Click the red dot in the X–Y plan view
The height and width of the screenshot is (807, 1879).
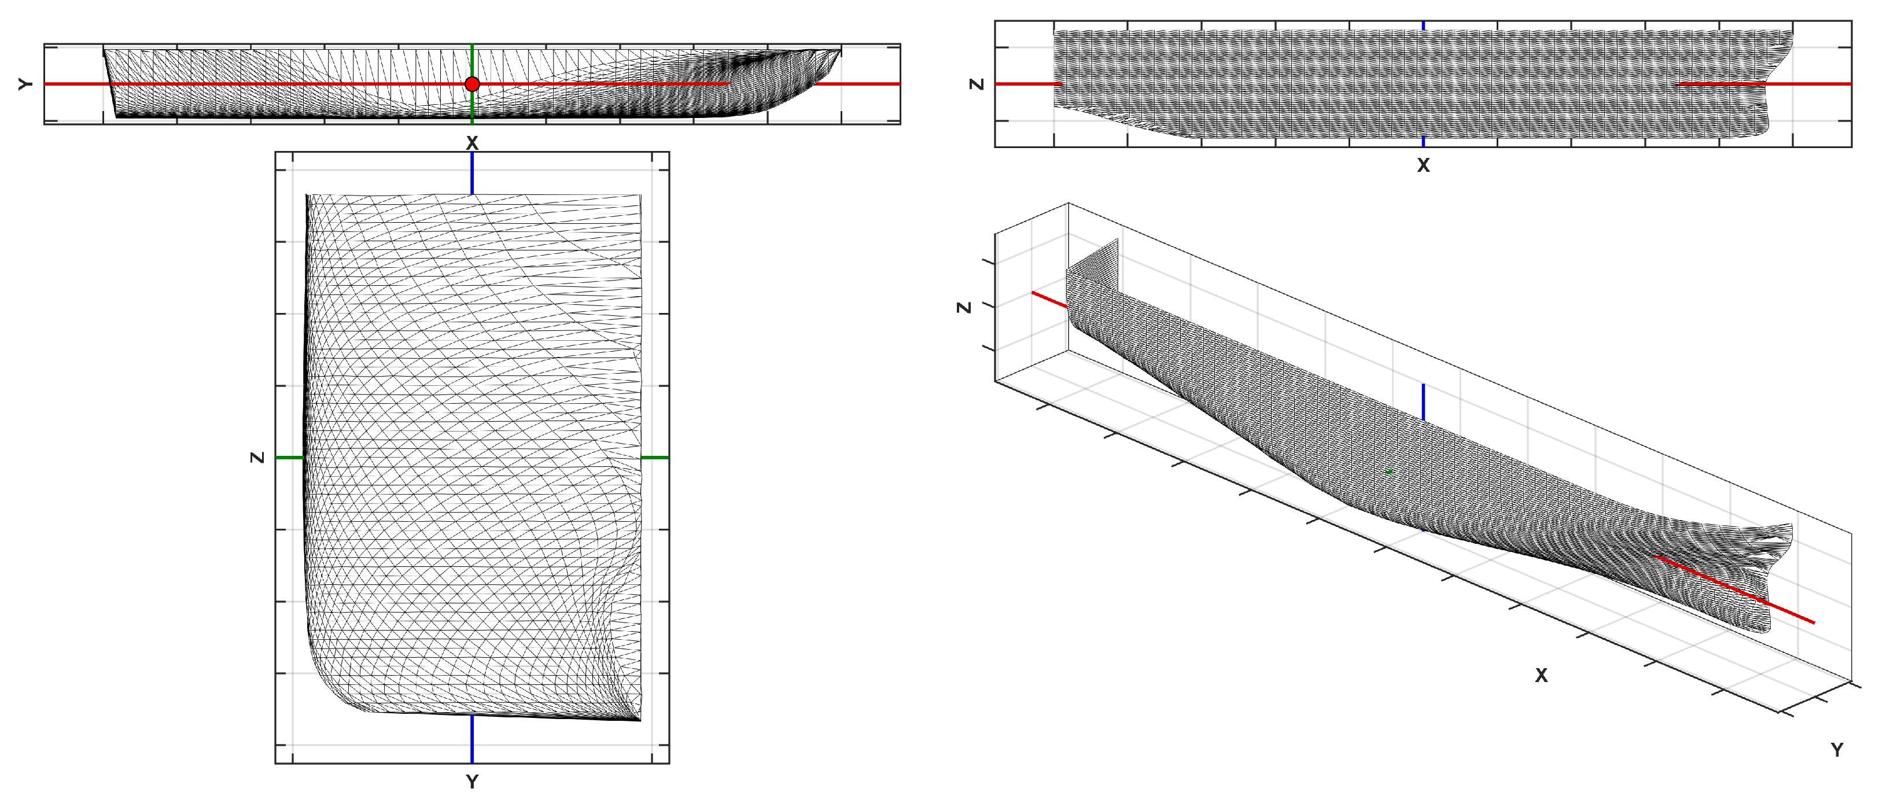tap(472, 84)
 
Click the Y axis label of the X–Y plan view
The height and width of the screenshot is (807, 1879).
tap(25, 84)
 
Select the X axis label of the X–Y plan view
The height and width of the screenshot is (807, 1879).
tap(472, 143)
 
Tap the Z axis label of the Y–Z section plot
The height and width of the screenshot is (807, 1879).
tap(257, 458)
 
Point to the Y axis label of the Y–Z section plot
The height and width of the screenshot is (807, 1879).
tap(472, 782)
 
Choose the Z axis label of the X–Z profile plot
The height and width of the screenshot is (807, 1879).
tap(977, 84)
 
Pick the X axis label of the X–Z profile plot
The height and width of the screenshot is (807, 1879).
tap(1423, 165)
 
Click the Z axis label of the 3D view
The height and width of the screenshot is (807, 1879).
tap(964, 307)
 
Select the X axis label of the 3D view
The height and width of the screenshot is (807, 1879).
tap(1541, 676)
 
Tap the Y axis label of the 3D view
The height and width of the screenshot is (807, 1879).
tap(1837, 750)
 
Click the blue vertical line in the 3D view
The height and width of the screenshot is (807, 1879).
tap(1423, 402)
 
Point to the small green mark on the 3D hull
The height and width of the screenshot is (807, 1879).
tap(1389, 472)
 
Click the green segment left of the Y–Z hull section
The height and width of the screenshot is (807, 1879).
tap(290, 458)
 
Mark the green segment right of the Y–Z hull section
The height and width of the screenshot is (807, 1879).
tap(655, 458)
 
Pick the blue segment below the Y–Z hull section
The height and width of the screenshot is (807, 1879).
tap(472, 738)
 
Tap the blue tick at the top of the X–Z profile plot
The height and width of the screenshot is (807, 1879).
tap(1423, 25)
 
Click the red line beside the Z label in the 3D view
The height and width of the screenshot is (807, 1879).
tap(1049, 300)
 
